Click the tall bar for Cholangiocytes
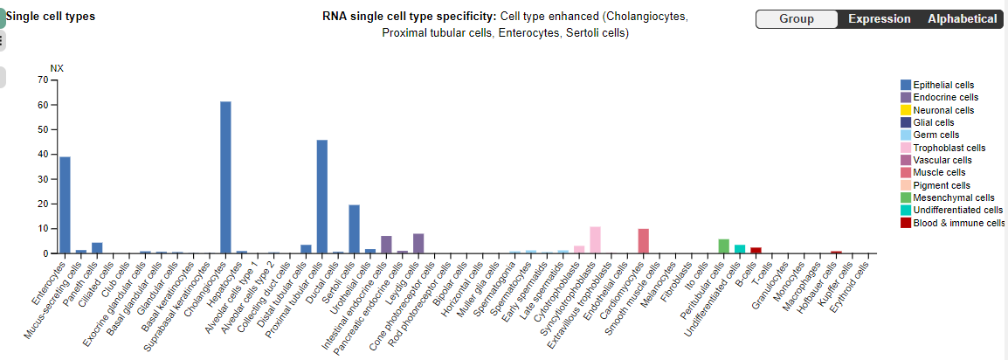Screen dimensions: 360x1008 (x=225, y=177)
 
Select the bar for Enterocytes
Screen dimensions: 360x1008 (x=65, y=205)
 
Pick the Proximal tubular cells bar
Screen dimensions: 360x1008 (x=321, y=197)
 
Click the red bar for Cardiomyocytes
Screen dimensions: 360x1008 (x=643, y=241)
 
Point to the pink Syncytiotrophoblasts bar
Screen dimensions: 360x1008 (x=595, y=240)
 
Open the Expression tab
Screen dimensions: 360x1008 (x=879, y=19)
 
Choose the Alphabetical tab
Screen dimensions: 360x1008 (x=962, y=19)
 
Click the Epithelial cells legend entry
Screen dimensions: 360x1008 (x=943, y=85)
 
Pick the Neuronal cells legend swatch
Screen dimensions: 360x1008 (x=906, y=110)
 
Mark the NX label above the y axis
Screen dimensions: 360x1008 (x=57, y=68)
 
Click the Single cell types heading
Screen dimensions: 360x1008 (x=51, y=17)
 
